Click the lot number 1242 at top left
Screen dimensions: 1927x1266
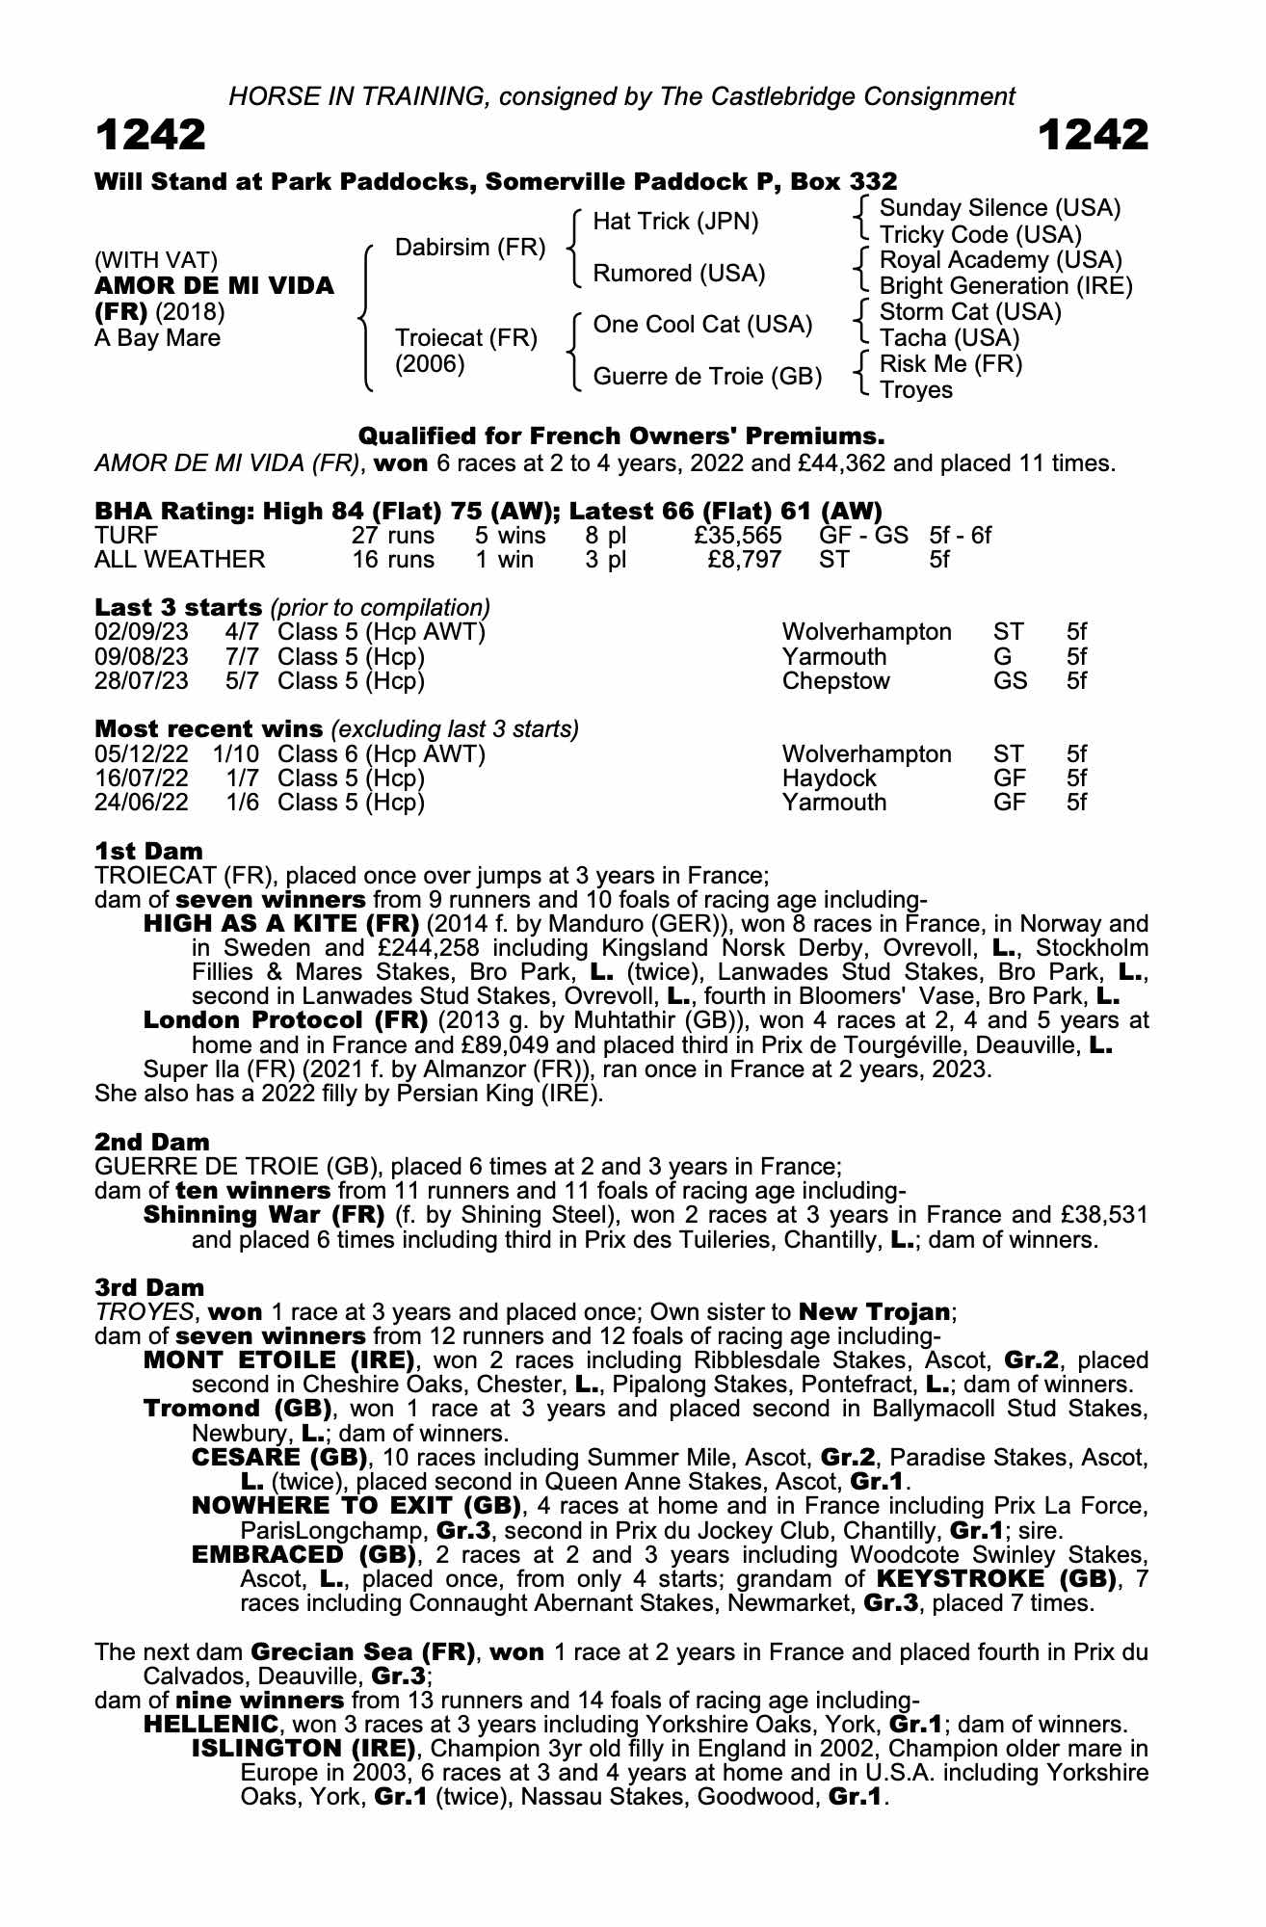tap(150, 136)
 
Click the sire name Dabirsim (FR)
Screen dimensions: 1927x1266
tap(470, 248)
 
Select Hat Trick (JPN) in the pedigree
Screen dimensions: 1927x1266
tap(675, 222)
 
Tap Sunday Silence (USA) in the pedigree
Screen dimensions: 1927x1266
tap(1000, 208)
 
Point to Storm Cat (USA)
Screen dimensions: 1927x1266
tap(970, 312)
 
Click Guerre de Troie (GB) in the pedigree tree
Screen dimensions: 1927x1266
tap(707, 377)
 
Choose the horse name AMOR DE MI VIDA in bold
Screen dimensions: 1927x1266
tap(214, 286)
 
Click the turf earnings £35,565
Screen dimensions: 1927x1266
tap(737, 536)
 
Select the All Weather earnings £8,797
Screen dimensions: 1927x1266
tap(743, 560)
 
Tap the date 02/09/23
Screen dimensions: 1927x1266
tap(142, 632)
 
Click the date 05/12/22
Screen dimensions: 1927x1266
tap(142, 754)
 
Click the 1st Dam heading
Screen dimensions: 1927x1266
tap(149, 851)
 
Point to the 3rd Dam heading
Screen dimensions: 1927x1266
tap(149, 1287)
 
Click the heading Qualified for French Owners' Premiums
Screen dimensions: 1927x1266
tap(620, 436)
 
